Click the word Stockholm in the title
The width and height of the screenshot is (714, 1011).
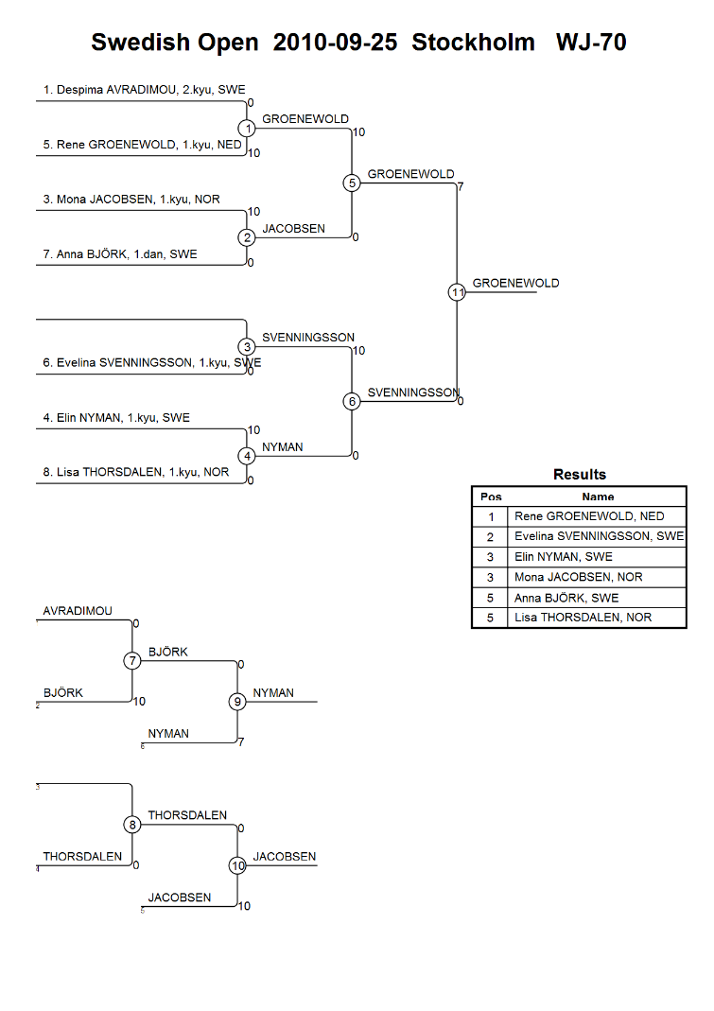pos(474,43)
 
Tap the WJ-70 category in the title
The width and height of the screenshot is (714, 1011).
pos(591,43)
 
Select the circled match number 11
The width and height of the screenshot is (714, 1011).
pos(457,292)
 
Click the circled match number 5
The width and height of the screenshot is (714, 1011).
pos(352,183)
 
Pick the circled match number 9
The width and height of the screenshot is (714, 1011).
pos(237,702)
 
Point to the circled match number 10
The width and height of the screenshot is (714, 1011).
pos(237,865)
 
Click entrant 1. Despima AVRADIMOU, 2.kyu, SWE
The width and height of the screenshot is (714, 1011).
pos(144,90)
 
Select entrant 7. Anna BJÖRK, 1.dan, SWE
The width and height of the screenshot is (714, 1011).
pos(120,254)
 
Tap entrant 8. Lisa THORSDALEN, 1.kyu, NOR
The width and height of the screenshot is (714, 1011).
pos(135,472)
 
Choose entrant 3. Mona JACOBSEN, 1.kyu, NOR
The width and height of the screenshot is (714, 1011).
pos(131,200)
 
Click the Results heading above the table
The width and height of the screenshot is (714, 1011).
pos(580,475)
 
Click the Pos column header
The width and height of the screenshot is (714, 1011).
pos(491,497)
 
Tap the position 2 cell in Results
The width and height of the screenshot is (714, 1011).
pos(490,536)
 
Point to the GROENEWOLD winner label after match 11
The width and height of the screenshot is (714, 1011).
pos(516,283)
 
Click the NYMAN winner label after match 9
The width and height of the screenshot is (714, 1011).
pos(273,693)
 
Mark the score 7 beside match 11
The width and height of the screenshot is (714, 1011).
pos(461,187)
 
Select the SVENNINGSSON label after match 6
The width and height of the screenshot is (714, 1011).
pos(413,392)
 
